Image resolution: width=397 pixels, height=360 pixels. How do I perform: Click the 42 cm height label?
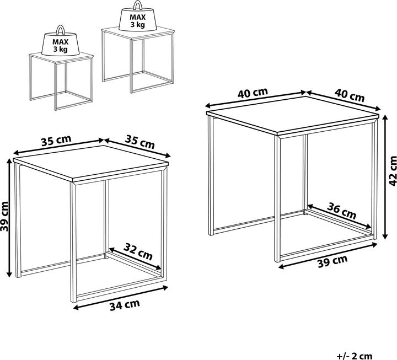393,171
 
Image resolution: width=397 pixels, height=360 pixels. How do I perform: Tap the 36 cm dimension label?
341,211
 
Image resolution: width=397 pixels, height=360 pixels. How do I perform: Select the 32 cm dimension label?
138,251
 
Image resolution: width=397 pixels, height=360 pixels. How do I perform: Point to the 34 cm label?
125,305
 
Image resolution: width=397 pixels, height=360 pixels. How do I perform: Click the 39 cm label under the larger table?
332,261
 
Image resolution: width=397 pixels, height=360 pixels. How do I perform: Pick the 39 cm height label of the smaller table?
4,216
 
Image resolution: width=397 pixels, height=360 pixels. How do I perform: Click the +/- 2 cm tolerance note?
355,356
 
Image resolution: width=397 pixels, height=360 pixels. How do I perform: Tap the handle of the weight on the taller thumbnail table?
138,4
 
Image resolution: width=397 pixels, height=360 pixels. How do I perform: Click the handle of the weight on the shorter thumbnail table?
61,29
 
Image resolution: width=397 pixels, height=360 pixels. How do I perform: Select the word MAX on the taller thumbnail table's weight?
138,17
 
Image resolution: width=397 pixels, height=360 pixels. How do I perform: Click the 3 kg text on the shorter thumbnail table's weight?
60,49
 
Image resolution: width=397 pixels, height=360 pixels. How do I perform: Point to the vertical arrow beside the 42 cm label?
385,177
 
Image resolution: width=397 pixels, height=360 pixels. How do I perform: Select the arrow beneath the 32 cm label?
135,259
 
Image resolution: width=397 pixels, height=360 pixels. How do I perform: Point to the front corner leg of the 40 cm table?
278,198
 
